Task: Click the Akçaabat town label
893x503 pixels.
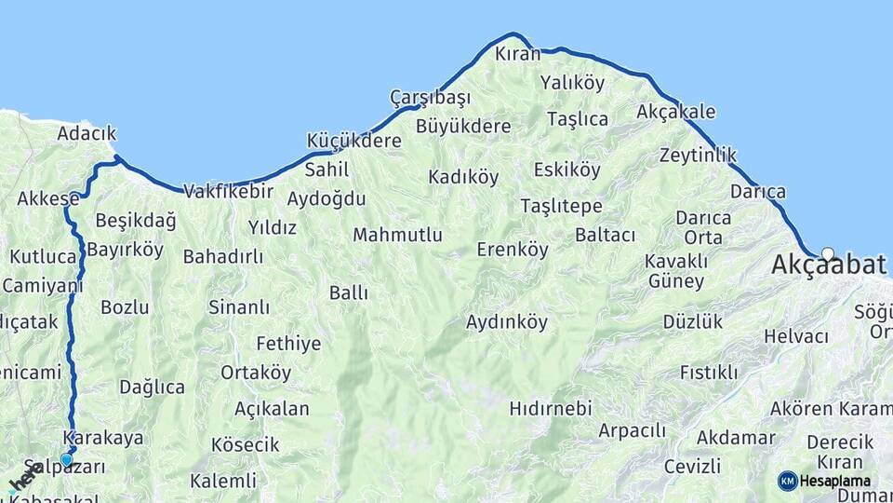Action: [828, 265]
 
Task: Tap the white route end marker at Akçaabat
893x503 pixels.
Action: [828, 252]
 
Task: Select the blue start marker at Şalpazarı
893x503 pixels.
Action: [66, 459]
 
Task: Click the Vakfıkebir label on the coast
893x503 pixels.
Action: [228, 192]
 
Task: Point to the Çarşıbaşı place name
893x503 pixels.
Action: [430, 98]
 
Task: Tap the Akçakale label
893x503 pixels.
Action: [676, 112]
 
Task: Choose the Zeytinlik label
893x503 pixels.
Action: [698, 155]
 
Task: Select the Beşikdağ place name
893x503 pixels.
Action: [136, 221]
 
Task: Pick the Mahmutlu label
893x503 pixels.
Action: [397, 235]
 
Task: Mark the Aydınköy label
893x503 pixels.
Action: [507, 322]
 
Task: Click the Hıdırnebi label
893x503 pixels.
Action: [551, 408]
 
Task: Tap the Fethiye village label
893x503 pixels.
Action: [288, 344]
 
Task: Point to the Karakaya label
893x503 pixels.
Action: [103, 438]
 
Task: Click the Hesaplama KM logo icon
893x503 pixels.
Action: [788, 481]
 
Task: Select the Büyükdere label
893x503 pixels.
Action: [463, 126]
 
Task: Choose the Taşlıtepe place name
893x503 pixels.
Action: [561, 206]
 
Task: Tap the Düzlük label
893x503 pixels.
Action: [693, 322]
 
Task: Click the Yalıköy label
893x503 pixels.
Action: [572, 83]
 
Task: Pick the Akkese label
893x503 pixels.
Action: [48, 198]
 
